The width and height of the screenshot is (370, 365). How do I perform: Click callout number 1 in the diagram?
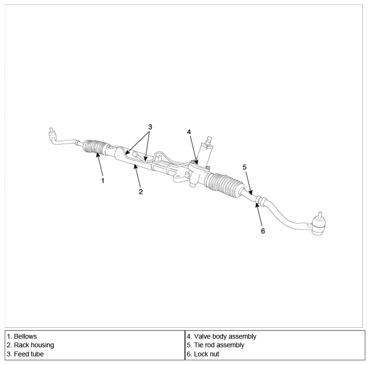[102, 181]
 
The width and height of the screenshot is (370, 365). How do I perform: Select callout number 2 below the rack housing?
[141, 192]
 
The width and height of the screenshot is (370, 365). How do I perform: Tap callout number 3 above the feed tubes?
[150, 127]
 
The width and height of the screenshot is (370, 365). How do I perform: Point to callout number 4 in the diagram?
[189, 132]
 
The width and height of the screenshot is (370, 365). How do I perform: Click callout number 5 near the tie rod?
[245, 167]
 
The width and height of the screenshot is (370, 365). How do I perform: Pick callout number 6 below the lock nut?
[263, 231]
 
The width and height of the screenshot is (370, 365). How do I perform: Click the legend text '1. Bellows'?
[22, 336]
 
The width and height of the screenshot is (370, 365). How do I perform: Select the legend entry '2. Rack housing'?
[31, 345]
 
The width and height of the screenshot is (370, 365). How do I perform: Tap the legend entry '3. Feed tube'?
[25, 354]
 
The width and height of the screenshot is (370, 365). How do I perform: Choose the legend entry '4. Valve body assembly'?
[222, 336]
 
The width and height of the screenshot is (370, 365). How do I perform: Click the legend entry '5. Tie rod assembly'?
[215, 345]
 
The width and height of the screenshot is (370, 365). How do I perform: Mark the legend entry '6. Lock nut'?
[203, 354]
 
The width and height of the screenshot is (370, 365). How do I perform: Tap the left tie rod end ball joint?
[52, 135]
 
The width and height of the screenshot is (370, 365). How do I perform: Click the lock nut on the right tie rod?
[261, 200]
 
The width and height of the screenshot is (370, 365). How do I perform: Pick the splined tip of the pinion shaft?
[209, 139]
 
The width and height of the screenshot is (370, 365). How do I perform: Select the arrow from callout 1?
[100, 165]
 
